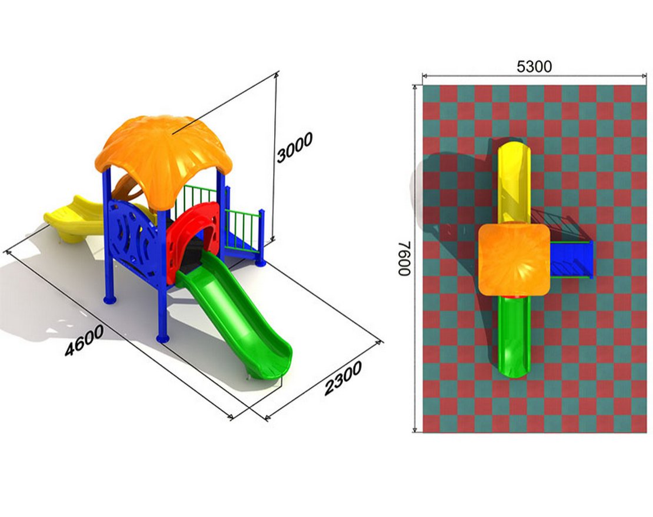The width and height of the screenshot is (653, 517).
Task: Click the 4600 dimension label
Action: coord(85,340)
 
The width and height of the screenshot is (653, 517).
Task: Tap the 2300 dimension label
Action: coord(343,378)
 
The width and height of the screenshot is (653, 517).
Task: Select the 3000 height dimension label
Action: coord(294,148)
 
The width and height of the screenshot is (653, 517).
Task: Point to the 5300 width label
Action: coord(534,66)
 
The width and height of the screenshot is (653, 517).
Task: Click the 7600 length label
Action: coord(405,259)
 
